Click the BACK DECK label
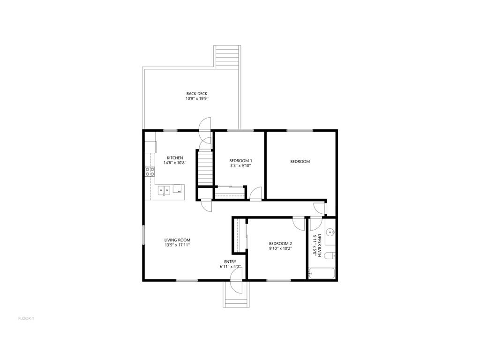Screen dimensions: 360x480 click(196, 94)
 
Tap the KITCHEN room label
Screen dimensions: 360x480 click(175, 158)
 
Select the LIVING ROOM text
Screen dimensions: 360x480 click(177, 240)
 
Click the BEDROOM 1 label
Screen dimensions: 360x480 click(240, 160)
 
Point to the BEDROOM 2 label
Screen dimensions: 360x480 click(280, 243)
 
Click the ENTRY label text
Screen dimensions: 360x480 click(230, 262)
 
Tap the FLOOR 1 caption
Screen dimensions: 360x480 click(26, 318)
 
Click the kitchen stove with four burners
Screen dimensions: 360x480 click(150, 172)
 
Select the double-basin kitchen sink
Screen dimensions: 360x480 click(164, 190)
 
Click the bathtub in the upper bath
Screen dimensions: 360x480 click(321, 273)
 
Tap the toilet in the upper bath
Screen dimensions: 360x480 click(330, 255)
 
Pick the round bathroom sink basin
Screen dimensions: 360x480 click(331, 232)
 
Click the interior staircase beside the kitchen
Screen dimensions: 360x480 click(205, 167)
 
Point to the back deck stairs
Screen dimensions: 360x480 click(227, 56)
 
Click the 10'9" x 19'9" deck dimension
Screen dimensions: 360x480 click(196, 99)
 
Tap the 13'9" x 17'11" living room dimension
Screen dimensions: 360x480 click(177, 245)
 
